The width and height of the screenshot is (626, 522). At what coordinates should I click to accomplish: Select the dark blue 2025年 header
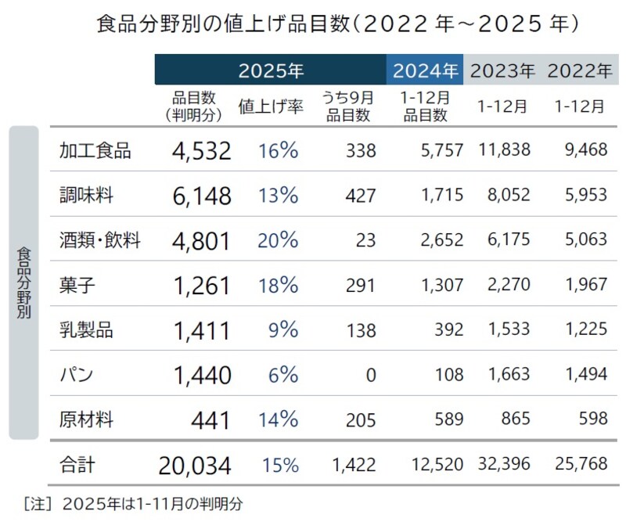click(x=270, y=70)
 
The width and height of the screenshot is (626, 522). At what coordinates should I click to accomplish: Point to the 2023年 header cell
click(x=502, y=70)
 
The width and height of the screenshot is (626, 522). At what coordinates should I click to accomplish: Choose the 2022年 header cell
click(x=579, y=70)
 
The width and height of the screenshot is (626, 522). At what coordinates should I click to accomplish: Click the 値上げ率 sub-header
click(x=270, y=107)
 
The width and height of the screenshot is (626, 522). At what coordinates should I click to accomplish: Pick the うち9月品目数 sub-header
click(x=348, y=106)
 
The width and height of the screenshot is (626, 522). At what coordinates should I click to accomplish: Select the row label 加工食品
click(x=95, y=150)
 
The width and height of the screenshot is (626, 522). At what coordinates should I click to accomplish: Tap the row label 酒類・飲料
click(x=99, y=240)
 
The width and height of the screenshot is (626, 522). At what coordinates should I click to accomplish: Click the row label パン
click(x=77, y=375)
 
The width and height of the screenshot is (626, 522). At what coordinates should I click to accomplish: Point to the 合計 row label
click(x=77, y=466)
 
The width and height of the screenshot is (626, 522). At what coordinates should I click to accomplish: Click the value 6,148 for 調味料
click(x=202, y=196)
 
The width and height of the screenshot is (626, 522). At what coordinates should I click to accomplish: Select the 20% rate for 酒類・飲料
click(x=278, y=240)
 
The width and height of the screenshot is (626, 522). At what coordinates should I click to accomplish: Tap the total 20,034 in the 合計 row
click(x=195, y=466)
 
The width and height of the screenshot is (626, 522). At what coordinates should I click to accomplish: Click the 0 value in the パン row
click(x=371, y=376)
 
